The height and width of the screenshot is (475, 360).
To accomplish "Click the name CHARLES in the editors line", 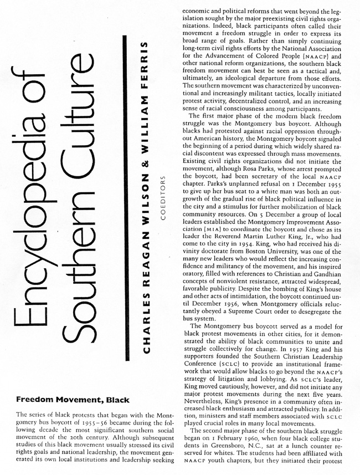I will coord(145,326).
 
